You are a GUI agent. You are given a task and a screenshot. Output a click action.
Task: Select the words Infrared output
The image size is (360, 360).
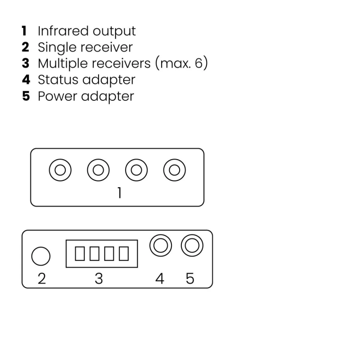[86, 31]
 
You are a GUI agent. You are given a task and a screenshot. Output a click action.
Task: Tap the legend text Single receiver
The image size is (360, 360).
[85, 47]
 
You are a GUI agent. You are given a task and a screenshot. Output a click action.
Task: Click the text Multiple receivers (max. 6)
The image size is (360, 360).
[122, 63]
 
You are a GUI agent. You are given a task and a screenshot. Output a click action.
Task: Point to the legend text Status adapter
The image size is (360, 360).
[86, 80]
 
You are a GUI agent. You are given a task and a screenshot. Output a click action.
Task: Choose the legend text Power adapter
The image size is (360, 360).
[85, 96]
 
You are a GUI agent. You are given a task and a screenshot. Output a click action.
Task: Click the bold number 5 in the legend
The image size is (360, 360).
[26, 96]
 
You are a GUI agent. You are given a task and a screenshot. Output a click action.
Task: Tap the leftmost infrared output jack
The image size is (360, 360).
[60, 171]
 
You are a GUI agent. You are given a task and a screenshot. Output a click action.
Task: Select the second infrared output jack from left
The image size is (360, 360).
[98, 171]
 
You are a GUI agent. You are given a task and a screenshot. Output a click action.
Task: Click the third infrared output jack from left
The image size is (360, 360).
[136, 171]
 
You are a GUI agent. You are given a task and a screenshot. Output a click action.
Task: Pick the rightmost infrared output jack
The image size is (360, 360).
[175, 171]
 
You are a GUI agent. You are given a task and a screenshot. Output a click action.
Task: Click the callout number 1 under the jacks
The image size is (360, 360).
[119, 193]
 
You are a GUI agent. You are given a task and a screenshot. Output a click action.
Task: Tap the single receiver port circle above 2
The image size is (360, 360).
[41, 256]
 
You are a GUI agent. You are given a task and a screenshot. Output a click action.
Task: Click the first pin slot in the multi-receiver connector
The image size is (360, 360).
[80, 254]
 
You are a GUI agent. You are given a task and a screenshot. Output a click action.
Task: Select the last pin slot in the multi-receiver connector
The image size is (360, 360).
[124, 254]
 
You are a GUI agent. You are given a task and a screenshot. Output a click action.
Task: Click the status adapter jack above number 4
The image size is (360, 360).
[161, 246]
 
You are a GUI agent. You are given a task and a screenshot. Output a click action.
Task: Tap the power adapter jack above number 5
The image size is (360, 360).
[192, 246]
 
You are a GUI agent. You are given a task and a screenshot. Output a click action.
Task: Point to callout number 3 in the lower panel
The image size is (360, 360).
[99, 279]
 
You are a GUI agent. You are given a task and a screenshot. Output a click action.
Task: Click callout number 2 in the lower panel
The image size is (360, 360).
[41, 279]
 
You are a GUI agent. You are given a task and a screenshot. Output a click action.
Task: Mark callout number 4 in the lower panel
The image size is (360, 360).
[159, 279]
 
